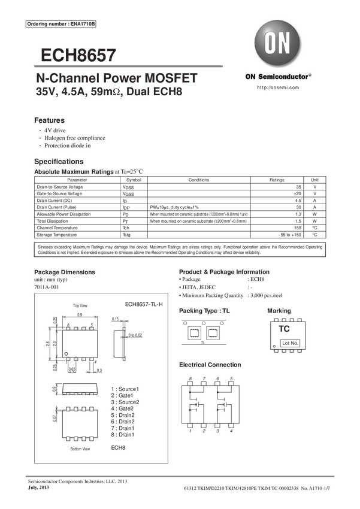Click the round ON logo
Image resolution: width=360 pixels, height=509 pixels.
click(278, 44)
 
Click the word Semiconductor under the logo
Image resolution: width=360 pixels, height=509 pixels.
click(283, 77)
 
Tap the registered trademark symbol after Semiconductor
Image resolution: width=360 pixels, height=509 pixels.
click(310, 75)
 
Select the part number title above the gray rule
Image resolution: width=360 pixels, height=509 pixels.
click(78, 54)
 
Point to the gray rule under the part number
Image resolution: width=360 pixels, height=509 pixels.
click(131, 66)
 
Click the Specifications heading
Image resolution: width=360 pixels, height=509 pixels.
click(59, 162)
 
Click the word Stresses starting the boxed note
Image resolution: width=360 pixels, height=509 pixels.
click(46, 247)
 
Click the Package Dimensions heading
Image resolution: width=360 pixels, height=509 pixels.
click(65, 272)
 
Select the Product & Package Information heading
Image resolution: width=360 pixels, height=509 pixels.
click(225, 272)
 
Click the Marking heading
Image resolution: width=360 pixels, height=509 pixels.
click(279, 311)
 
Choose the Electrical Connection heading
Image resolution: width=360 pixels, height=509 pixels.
click(210, 365)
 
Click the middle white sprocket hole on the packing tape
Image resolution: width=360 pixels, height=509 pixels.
click(204, 324)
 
